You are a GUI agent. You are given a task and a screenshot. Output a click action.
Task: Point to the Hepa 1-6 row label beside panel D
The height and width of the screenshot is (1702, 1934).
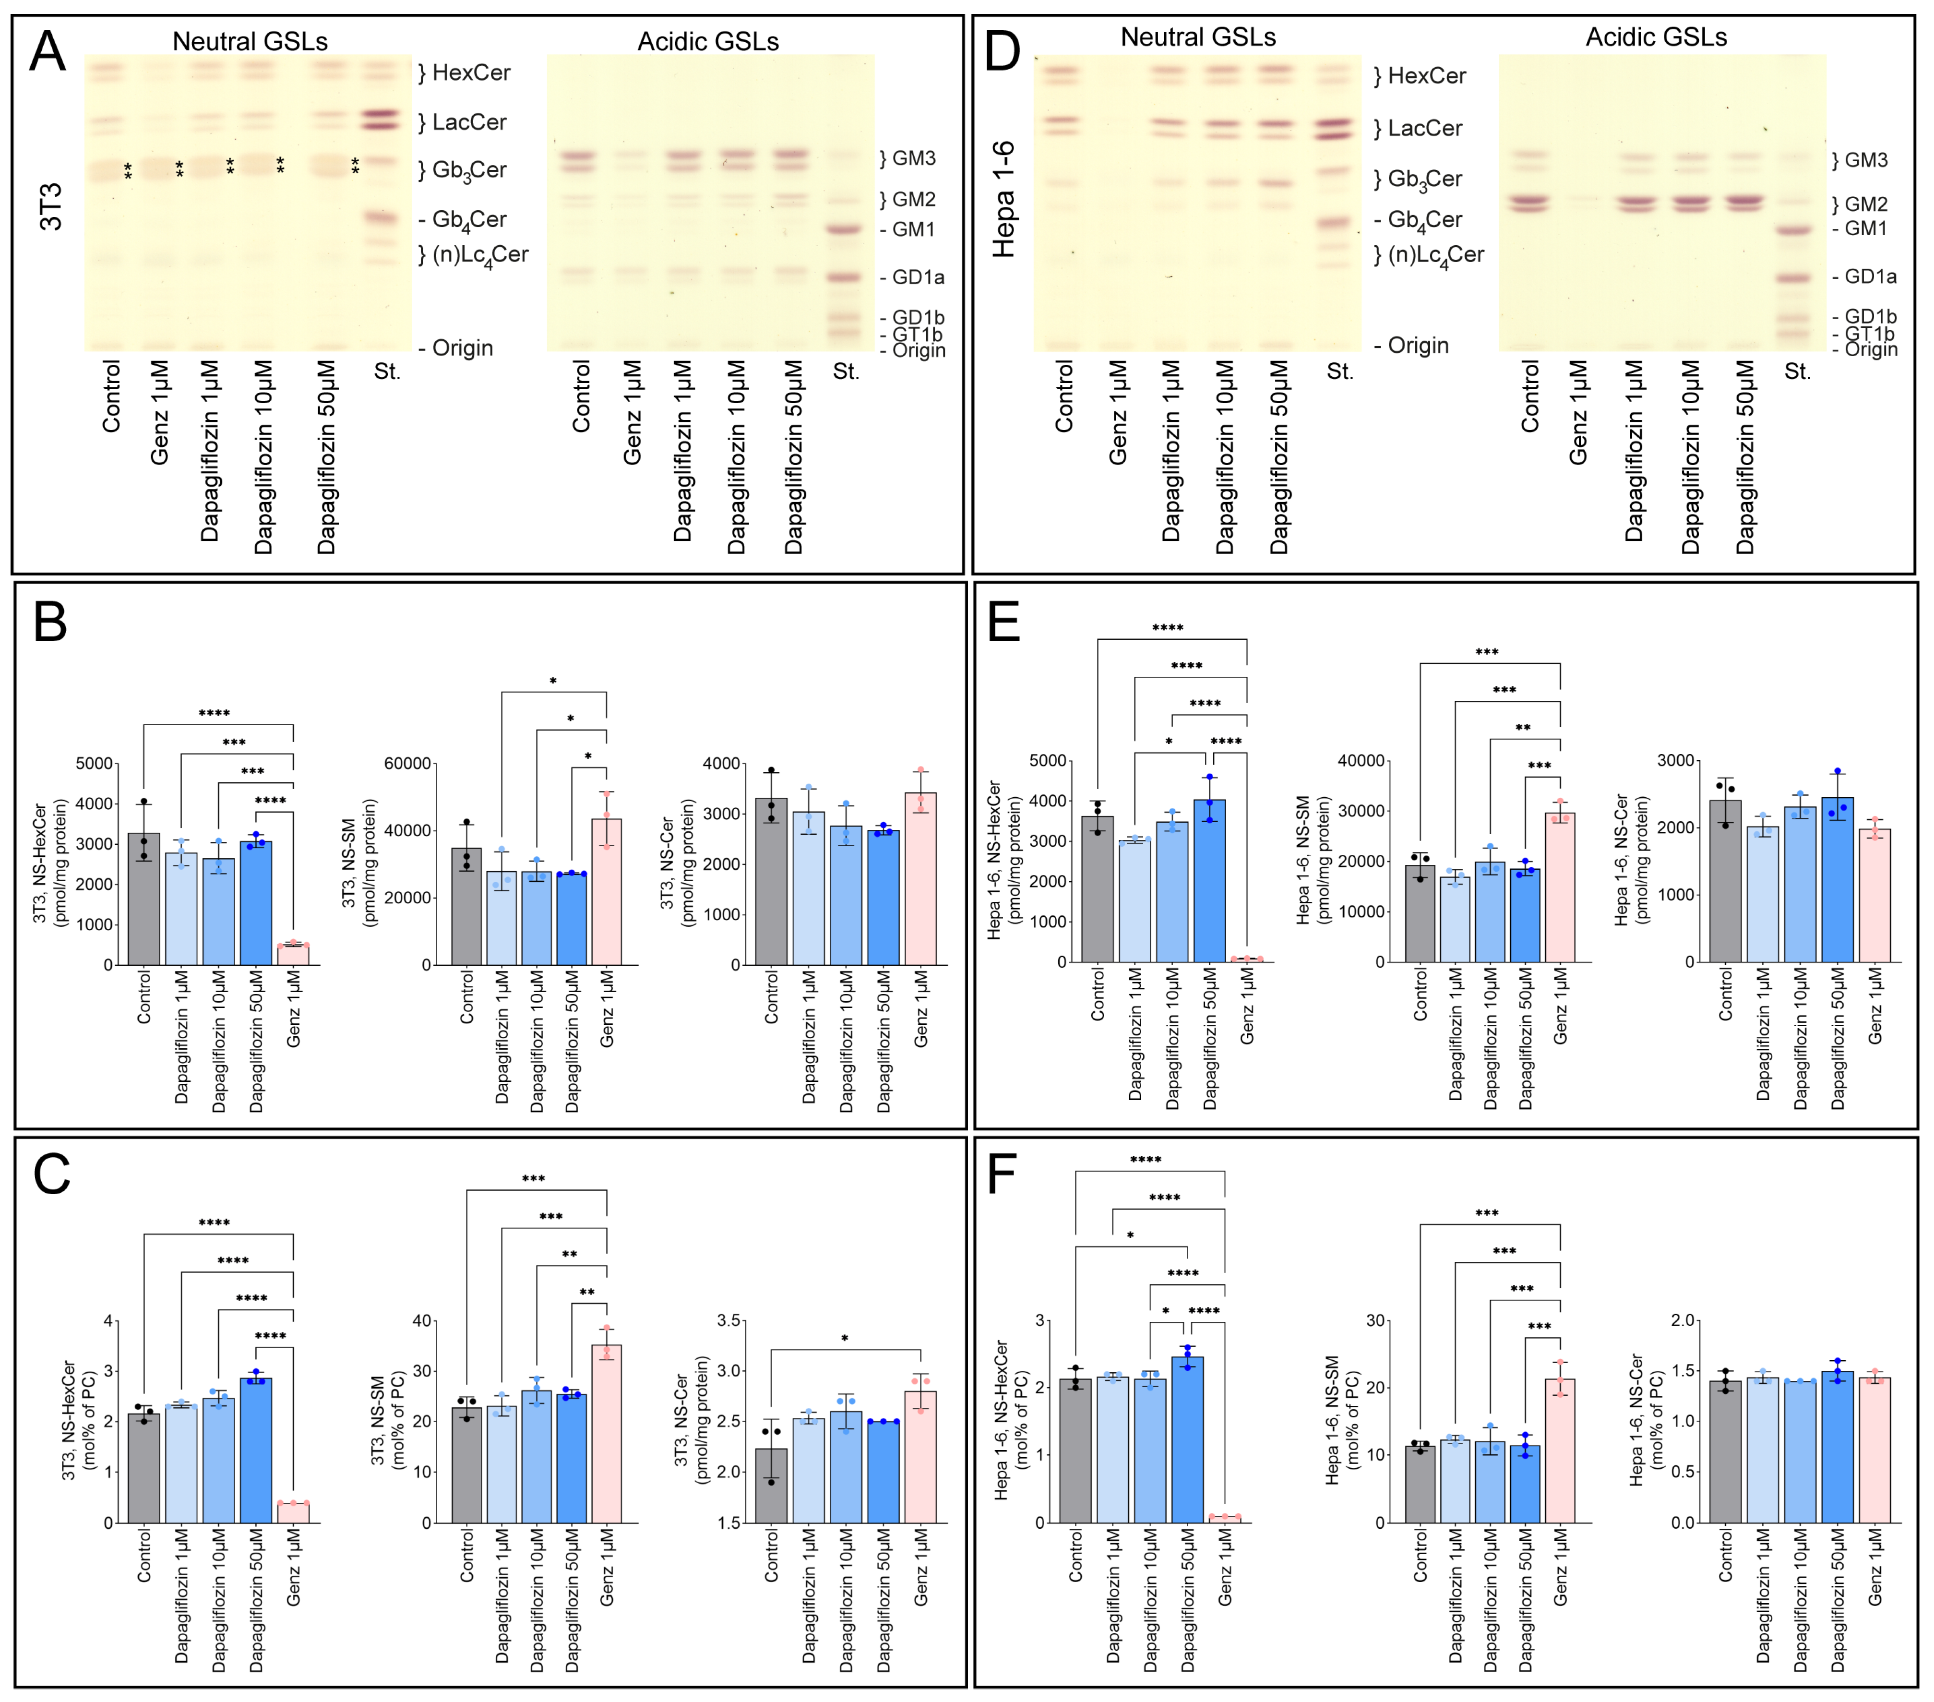click(1003, 199)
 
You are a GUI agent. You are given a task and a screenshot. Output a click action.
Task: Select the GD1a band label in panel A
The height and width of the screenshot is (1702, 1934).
click(917, 277)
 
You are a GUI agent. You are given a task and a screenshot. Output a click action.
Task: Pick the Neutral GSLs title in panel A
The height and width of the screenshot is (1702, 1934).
click(250, 42)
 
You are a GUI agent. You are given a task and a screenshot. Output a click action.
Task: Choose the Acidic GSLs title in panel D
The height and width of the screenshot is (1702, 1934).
click(1656, 37)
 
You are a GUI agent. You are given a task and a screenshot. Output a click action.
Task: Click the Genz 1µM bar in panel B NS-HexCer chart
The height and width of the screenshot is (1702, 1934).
click(293, 954)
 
